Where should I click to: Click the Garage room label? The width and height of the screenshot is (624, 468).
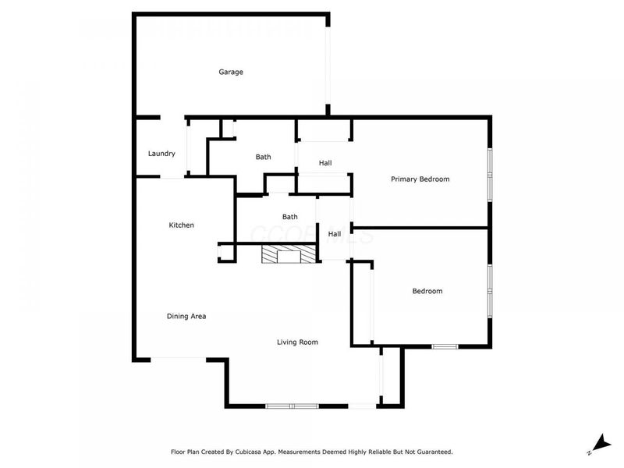230,72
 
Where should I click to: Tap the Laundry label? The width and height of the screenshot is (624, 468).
161,154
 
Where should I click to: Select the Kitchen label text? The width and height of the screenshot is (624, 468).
181,225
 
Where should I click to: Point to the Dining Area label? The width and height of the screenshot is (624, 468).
186,316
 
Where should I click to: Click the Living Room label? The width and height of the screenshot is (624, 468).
297,342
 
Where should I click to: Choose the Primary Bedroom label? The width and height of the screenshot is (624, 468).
420,179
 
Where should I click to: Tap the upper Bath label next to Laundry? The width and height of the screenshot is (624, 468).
264,157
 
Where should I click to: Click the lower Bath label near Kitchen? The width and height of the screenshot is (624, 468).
289,217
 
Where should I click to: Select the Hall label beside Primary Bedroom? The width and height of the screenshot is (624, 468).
325,163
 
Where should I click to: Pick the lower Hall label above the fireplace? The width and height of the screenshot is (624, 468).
335,234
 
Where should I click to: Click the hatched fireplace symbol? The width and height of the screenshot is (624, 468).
289,255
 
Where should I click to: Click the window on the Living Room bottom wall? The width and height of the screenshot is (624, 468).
292,406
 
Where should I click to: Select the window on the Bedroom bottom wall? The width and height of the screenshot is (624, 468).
445,346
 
